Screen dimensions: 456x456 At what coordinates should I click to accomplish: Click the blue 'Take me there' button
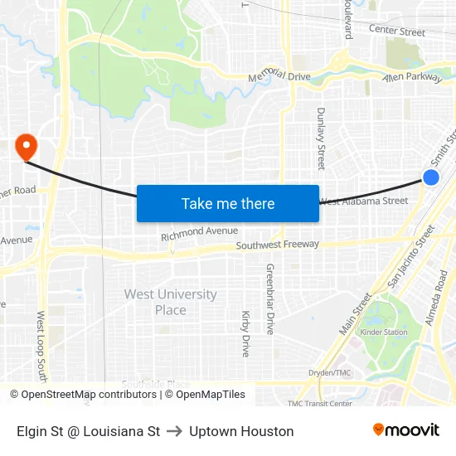(x=228, y=203)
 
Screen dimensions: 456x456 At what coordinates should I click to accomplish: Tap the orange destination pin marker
(x=27, y=147)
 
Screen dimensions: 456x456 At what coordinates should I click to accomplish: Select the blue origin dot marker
(x=431, y=177)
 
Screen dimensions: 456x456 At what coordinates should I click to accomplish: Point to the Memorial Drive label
(x=279, y=75)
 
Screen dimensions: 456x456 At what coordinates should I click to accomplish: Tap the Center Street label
(x=396, y=32)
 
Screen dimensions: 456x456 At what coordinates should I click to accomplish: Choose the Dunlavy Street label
(x=321, y=138)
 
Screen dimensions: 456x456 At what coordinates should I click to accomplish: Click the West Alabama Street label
(x=363, y=201)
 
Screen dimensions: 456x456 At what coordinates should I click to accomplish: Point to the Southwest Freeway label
(x=277, y=245)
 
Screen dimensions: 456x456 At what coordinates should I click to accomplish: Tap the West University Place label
(x=170, y=302)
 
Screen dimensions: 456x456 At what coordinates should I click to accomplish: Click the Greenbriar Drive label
(x=269, y=298)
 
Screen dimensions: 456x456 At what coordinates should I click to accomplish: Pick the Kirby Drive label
(x=245, y=333)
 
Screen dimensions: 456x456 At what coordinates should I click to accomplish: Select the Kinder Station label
(x=383, y=332)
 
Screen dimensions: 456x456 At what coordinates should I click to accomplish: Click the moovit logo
(x=406, y=429)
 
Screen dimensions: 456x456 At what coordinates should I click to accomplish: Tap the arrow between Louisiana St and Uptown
(x=174, y=431)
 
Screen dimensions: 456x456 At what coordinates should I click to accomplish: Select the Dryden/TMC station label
(x=330, y=373)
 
